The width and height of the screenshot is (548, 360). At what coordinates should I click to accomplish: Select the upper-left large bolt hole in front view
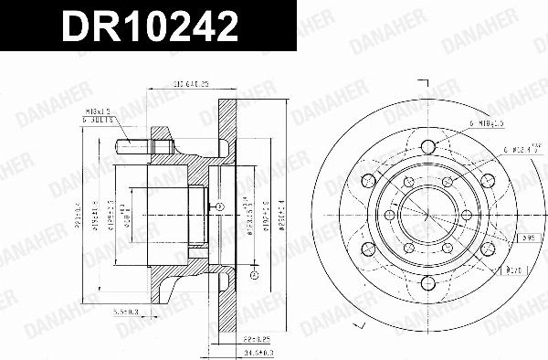pyautogui.click(x=369, y=178)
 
